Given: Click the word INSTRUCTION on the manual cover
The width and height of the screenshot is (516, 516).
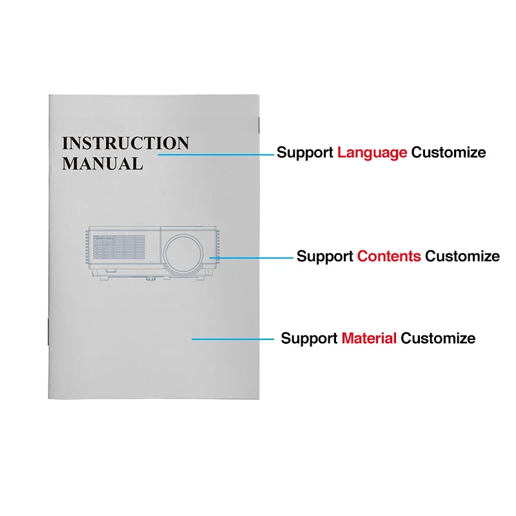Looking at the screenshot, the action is (125, 143).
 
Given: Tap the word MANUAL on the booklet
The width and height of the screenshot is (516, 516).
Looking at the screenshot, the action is (102, 163).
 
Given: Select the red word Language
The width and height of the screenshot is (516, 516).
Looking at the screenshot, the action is (372, 153).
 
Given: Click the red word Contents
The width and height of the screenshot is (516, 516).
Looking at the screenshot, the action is (389, 256).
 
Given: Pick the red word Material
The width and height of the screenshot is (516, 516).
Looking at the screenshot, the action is (369, 338).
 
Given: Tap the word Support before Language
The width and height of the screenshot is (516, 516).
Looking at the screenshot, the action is (305, 153).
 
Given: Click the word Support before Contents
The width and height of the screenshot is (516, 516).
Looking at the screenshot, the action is (325, 256).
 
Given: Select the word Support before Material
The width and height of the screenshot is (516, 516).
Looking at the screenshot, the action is (309, 338).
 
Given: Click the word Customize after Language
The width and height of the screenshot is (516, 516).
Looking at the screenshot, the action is (449, 153).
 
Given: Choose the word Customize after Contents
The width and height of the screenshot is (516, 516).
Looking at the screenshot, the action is (462, 256).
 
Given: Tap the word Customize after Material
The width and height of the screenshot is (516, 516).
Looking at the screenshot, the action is (438, 338).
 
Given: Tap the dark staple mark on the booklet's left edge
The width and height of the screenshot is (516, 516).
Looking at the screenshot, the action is (48, 336).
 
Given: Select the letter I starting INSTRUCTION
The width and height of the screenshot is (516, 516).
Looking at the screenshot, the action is (66, 143).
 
